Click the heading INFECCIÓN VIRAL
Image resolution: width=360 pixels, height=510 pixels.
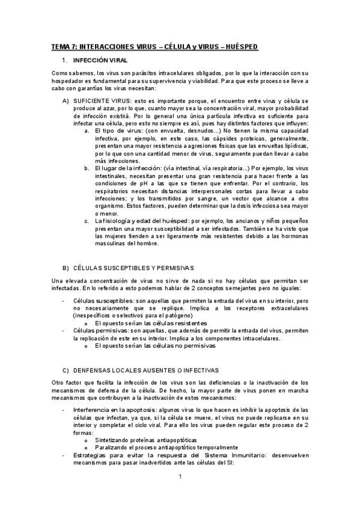98,61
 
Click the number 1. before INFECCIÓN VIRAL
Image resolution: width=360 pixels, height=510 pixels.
64,61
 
